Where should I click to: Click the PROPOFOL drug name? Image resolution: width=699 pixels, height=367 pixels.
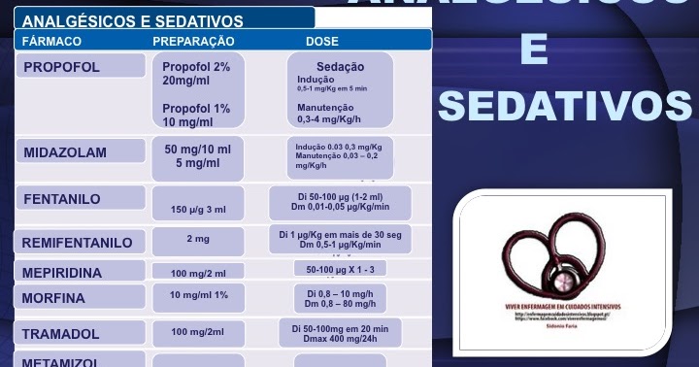pos(61,67)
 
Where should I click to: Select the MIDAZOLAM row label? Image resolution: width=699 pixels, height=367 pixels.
pos(65,153)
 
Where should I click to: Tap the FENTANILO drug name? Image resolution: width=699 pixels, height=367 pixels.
pos(61,199)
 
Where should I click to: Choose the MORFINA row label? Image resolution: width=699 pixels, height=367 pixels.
pos(53,298)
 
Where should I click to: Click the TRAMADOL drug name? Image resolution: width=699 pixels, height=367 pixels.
pos(61,334)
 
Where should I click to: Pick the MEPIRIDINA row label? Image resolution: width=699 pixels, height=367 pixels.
pos(62,273)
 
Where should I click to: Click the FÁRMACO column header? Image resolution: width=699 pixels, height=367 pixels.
pos(51,42)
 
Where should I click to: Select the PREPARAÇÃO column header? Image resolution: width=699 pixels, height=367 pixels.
pos(193,42)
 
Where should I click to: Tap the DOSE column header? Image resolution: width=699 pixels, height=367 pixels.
pos(322,42)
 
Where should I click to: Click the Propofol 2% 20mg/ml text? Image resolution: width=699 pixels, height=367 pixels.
pos(196,74)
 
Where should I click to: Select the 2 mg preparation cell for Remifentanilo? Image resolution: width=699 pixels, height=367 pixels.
pos(198,238)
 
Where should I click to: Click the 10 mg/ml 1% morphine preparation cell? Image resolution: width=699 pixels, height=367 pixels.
pos(198,295)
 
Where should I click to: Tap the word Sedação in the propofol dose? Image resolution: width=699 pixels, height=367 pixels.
pos(340,67)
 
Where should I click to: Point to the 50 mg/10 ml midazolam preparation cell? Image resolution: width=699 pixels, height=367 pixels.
pos(198,155)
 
